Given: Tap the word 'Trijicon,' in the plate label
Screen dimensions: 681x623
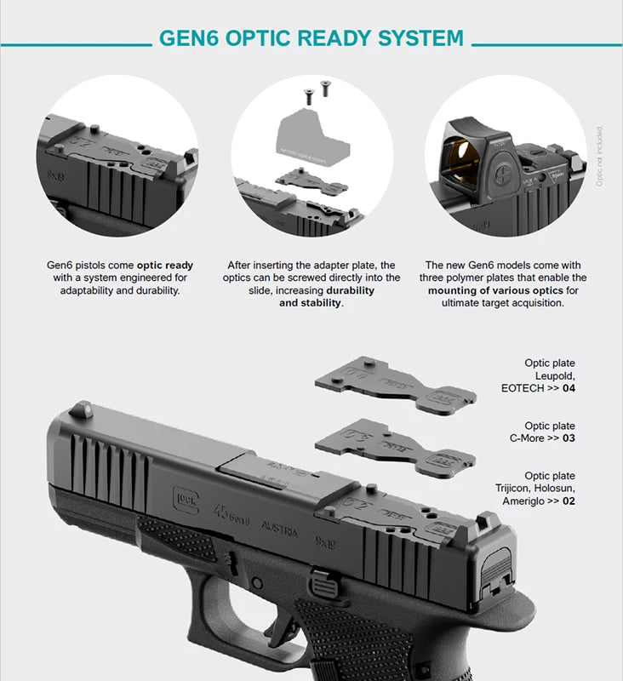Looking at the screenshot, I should click(517, 489).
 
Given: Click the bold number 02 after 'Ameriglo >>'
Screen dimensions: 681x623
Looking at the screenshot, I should click(569, 501).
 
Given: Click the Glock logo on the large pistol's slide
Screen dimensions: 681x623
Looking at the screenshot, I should click(186, 497).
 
